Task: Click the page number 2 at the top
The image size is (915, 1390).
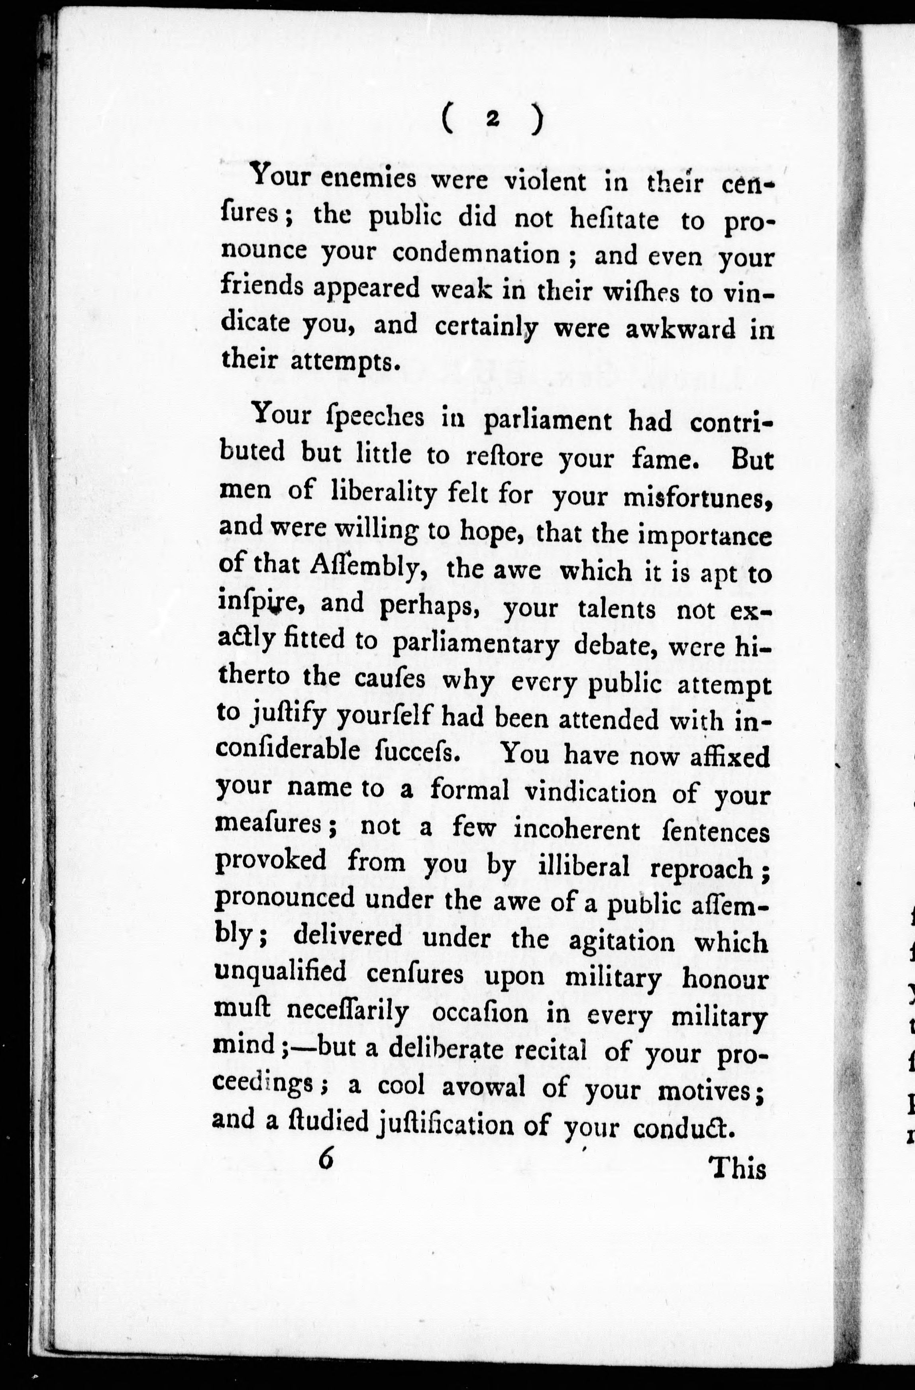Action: click(x=492, y=119)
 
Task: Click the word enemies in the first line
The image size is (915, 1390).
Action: click(x=369, y=178)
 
